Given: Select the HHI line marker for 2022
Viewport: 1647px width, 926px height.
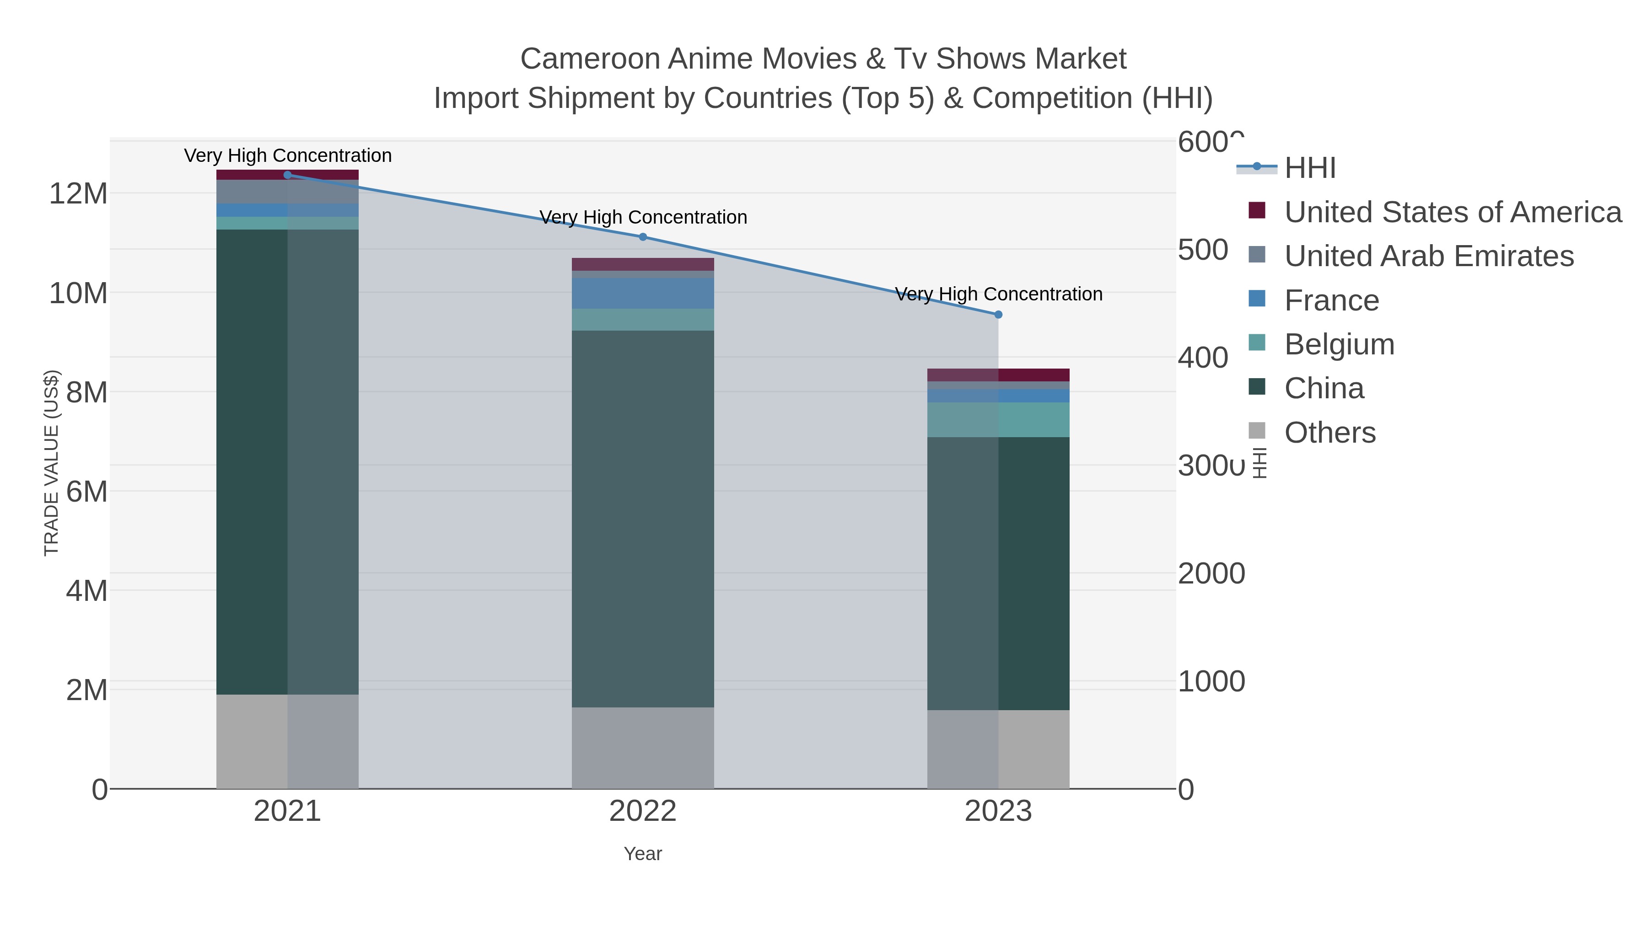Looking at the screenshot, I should tap(643, 237).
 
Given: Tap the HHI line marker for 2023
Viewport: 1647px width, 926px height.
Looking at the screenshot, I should tap(998, 315).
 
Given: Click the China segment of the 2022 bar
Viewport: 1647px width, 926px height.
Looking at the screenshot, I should tap(643, 518).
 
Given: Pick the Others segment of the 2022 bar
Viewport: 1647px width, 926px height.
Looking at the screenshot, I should tap(643, 747).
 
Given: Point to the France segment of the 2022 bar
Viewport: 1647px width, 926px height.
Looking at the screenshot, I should tap(643, 293).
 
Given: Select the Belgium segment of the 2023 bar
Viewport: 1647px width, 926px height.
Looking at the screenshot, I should tap(998, 419).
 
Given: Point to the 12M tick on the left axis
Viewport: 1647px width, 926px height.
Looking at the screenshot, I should tap(78, 193).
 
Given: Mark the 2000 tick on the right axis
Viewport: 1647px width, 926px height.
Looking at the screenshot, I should tap(1211, 574).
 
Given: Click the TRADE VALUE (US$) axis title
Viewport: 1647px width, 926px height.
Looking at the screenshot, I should tap(51, 463).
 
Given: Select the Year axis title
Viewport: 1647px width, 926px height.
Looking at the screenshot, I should tap(643, 854).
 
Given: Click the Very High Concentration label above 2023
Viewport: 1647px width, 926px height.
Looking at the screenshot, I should tap(998, 294).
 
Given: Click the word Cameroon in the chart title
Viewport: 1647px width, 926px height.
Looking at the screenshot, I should tap(590, 59).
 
